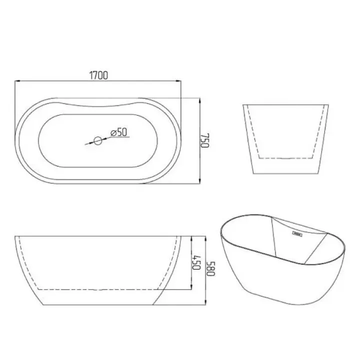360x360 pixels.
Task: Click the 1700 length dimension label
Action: click(x=98, y=75)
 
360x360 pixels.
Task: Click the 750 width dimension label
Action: click(x=205, y=140)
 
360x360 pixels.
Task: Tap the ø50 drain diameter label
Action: click(x=118, y=132)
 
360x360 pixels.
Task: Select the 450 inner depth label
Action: click(x=196, y=262)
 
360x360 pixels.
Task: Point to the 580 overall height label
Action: click(x=211, y=268)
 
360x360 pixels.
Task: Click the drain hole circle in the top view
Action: click(x=98, y=140)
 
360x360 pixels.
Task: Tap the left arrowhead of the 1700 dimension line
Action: click(x=17, y=81)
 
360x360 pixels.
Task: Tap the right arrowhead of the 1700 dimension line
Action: click(x=178, y=81)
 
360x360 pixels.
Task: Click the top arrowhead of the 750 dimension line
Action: click(x=199, y=101)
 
